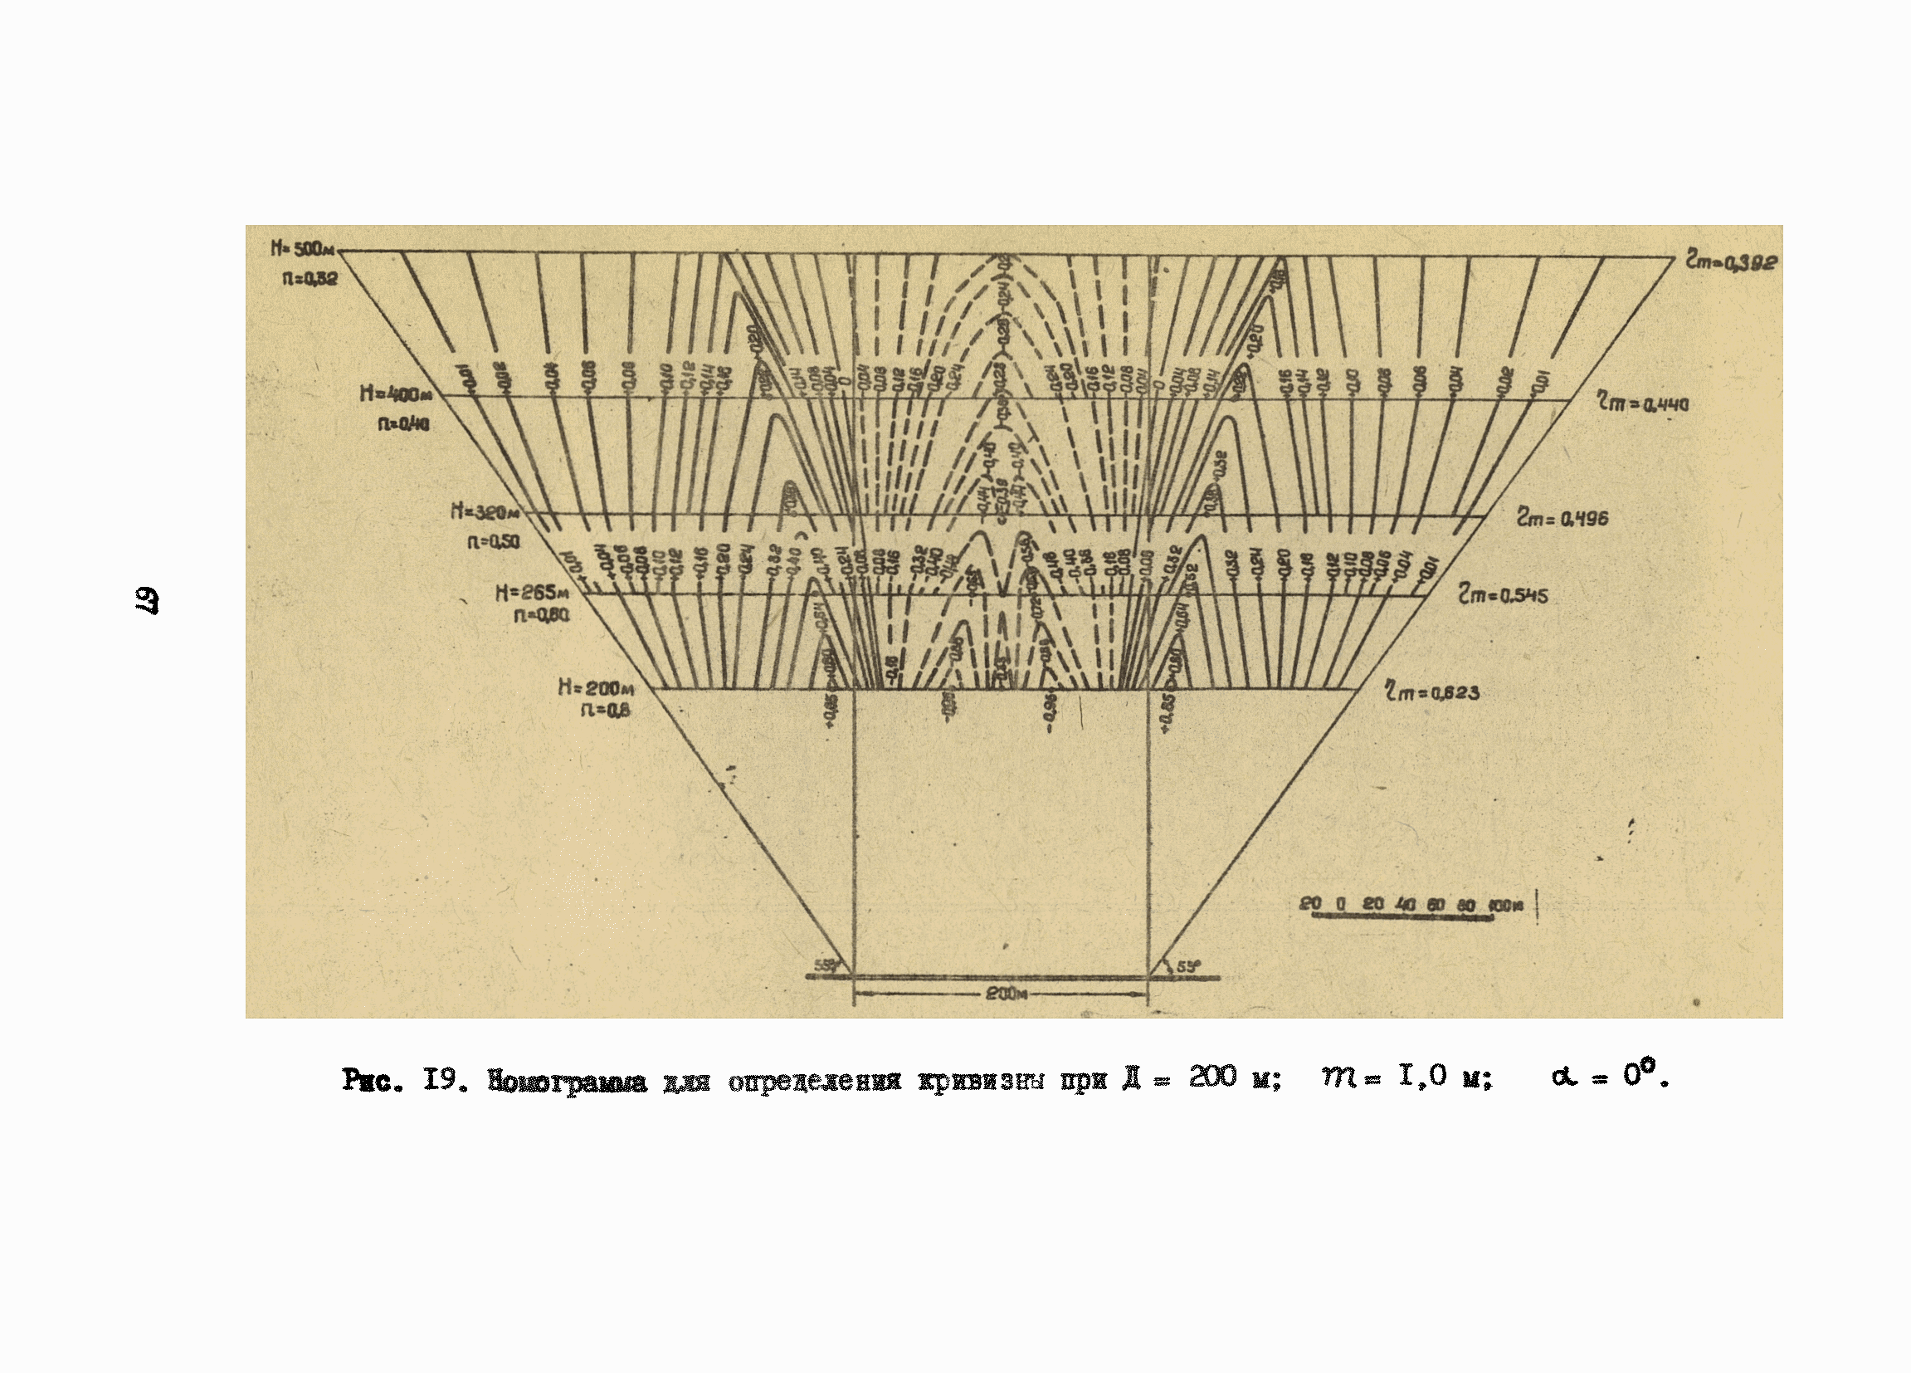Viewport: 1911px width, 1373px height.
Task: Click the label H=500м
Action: (x=303, y=250)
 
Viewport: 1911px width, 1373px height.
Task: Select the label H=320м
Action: (x=485, y=511)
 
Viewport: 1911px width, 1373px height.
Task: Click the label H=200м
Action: (x=596, y=688)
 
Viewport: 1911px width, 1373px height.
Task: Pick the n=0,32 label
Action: (x=310, y=277)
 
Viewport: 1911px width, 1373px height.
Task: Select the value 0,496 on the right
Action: (x=1583, y=519)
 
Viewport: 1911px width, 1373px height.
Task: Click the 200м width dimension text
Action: (x=1006, y=994)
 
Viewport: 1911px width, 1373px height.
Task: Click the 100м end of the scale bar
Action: (x=1506, y=905)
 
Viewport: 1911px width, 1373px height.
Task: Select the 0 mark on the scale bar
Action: (x=1341, y=904)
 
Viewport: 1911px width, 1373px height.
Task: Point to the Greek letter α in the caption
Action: (x=1563, y=1077)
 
